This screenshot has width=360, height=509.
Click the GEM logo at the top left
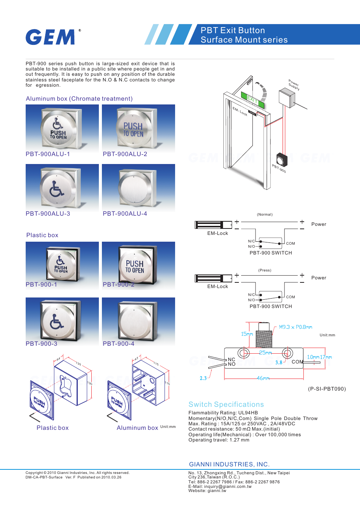pyautogui.click(x=51, y=37)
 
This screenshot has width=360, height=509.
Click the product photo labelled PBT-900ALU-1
pyautogui.click(x=62, y=128)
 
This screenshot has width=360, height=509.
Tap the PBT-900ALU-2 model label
pyautogui.click(x=125, y=154)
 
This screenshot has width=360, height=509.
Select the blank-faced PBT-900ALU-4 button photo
pyautogui.click(x=138, y=187)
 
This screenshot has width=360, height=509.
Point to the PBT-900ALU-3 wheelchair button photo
pyautogui.click(x=62, y=187)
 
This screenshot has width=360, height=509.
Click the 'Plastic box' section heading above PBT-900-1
pyautogui.click(x=42, y=235)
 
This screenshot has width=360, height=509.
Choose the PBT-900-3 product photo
pyautogui.click(x=62, y=320)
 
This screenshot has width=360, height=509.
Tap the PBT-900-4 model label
pyautogui.click(x=118, y=344)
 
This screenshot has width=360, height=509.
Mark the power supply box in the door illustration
pyautogui.click(x=286, y=98)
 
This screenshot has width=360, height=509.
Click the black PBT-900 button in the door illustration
pyautogui.click(x=282, y=160)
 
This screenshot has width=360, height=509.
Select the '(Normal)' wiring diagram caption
pyautogui.click(x=265, y=215)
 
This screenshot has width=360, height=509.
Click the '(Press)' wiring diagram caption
pyautogui.click(x=265, y=270)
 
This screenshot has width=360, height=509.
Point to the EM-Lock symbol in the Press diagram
pyautogui.click(x=214, y=279)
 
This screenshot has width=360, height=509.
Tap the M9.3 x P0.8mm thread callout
pyautogui.click(x=295, y=327)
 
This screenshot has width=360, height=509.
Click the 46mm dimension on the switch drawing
pyautogui.click(x=263, y=378)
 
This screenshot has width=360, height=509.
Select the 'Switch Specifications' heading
pyautogui.click(x=226, y=405)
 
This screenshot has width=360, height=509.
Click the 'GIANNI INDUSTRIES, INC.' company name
pyautogui.click(x=229, y=465)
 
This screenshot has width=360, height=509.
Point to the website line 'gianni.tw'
pyautogui.click(x=207, y=491)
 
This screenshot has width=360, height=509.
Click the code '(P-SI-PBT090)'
pyautogui.click(x=327, y=389)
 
